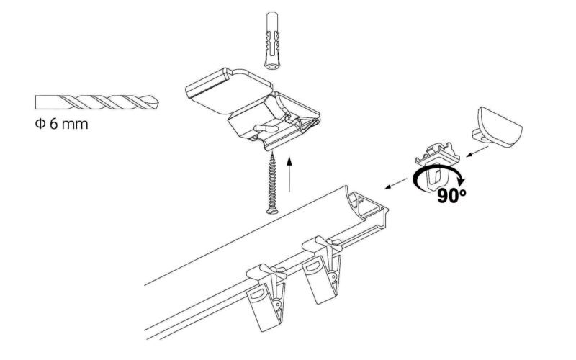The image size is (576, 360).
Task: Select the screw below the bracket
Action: point(273,180)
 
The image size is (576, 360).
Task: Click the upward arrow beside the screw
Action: point(289,173)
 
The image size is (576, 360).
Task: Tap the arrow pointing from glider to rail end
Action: point(392,185)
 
